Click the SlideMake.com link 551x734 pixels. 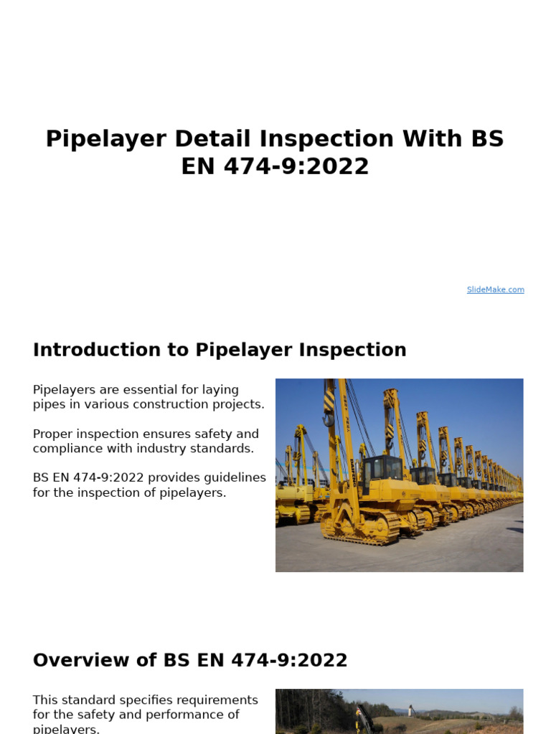pos(495,290)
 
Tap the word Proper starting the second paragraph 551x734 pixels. pos(53,434)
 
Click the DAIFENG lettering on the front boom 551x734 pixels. pos(349,430)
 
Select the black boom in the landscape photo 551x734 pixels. pos(364,719)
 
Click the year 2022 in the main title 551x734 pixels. pos(336,166)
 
